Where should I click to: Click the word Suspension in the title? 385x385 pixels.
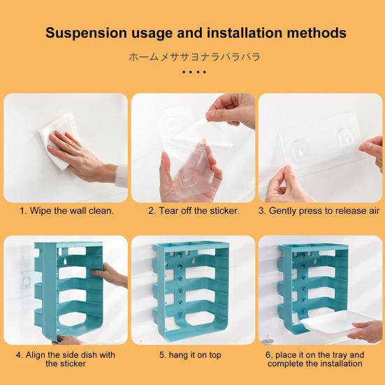tap(86, 33)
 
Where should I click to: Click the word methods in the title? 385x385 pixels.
tap(317, 33)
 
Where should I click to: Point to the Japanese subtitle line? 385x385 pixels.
tap(194, 57)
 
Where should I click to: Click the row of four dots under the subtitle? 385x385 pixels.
tap(194, 72)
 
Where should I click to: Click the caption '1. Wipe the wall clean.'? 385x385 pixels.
tap(67, 211)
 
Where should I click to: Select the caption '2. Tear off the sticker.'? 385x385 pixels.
tap(194, 211)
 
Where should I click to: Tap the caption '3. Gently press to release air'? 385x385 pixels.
tap(319, 211)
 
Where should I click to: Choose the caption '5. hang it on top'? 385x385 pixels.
tap(190, 355)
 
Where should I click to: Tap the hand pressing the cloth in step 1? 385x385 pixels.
tap(82, 155)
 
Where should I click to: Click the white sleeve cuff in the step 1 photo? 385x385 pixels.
tap(121, 175)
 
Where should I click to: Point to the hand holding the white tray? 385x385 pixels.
tap(364, 330)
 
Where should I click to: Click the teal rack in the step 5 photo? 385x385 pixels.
tap(191, 291)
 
